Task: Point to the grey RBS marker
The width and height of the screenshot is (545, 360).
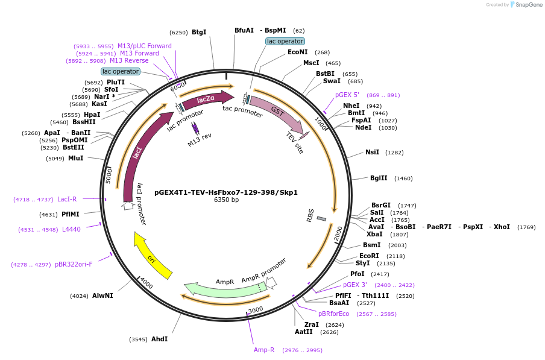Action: coord(321,218)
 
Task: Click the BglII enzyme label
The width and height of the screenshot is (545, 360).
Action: coord(379,178)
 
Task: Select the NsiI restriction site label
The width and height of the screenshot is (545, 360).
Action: coord(372,152)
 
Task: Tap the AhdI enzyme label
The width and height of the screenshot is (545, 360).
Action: coord(159,339)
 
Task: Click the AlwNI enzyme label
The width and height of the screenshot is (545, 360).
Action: coord(102,296)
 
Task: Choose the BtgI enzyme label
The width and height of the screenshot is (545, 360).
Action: coord(199,33)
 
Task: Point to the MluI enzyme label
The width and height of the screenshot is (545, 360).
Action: coord(75,159)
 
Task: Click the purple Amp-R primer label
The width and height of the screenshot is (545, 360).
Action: coord(264,350)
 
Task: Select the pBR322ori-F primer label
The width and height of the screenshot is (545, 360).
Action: coord(74,264)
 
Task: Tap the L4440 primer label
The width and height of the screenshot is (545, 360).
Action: coord(71,229)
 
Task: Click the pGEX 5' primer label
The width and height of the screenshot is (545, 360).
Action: coord(347,95)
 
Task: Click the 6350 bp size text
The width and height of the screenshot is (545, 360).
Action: coord(226,200)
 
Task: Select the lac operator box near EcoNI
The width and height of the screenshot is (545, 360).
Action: coord(285,41)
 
